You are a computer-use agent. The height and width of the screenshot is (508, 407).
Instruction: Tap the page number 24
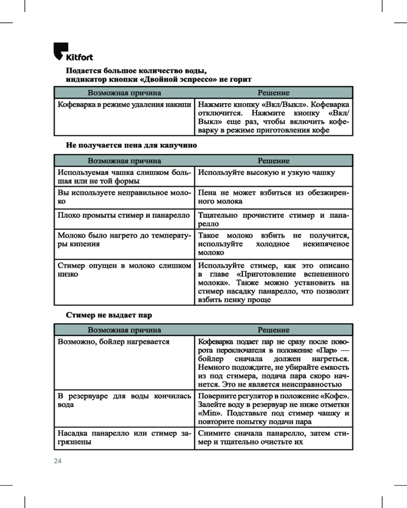pos(57,461)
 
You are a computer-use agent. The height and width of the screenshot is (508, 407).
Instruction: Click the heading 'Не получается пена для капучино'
pos(131,145)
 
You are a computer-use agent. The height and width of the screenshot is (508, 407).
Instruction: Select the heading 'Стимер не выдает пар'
pos(109,315)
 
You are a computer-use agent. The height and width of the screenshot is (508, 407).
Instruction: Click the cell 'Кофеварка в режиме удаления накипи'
pos(124,105)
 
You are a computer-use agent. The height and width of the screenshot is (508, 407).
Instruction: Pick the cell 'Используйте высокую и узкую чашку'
pos(266,173)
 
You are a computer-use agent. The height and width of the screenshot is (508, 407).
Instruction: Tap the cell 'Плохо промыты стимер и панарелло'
pos(124,215)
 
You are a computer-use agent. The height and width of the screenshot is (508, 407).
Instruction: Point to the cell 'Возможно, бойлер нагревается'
pos(113,342)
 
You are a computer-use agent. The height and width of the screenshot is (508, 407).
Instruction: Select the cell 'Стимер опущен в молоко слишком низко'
pos(124,270)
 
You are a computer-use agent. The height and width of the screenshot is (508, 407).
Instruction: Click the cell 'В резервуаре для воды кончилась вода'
pos(124,400)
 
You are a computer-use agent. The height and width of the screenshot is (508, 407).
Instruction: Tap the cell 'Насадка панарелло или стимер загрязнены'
pos(124,438)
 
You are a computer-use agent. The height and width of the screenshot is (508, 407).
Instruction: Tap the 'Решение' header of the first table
pos(273,93)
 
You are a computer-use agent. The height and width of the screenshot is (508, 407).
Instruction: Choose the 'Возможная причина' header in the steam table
pos(124,330)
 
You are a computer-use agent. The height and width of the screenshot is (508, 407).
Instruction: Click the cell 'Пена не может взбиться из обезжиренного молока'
pos(273,197)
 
